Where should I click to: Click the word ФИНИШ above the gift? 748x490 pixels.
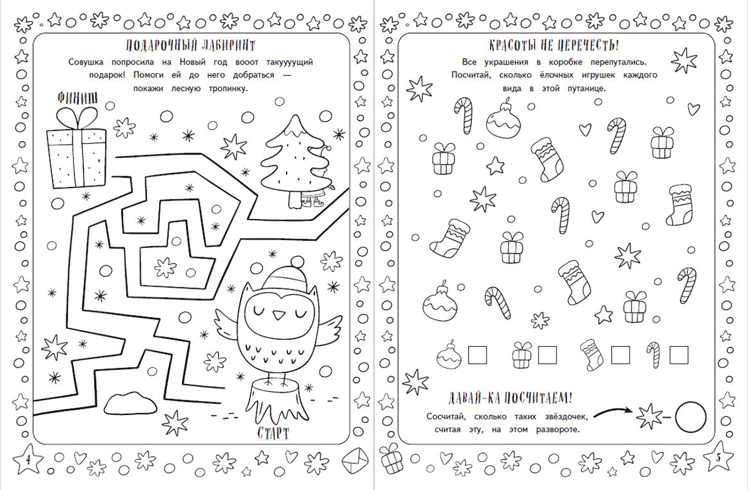tap(78, 98)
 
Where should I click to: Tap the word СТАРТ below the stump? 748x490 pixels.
tap(273, 433)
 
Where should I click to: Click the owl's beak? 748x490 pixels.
tap(277, 314)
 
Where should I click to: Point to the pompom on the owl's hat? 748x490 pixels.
tap(297, 262)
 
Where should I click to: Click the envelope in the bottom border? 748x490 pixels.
tap(355, 461)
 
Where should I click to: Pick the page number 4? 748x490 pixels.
tap(28, 460)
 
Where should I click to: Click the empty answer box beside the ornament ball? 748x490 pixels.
tap(477, 355)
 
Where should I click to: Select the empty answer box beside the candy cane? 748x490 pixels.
tap(679, 355)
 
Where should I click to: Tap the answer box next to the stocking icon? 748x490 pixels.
tap(621, 355)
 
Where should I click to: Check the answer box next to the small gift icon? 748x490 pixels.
tap(547, 355)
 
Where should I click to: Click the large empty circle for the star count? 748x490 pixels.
tap(691, 417)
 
